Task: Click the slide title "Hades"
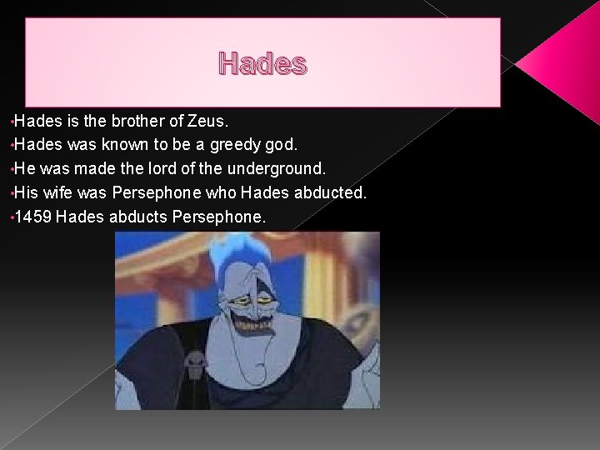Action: [262, 63]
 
